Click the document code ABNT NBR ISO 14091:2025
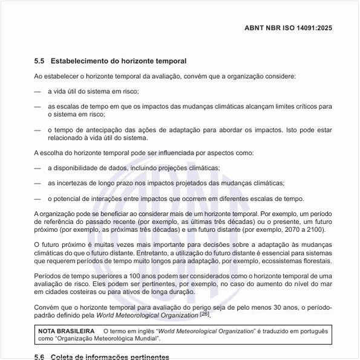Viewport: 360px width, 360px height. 288,28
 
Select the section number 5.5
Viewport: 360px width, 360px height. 39,61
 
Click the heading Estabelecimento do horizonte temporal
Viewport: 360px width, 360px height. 119,61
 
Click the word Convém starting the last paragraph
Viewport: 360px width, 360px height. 48,307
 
